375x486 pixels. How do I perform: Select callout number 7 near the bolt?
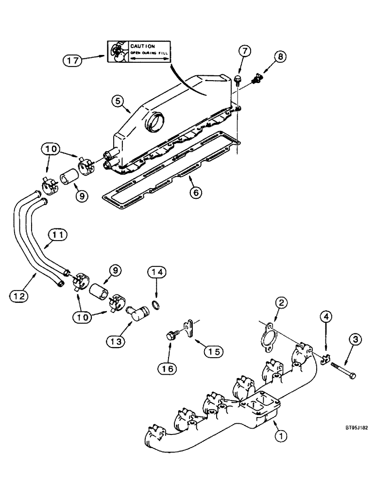click(245, 51)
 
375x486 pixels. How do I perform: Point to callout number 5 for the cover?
click(116, 102)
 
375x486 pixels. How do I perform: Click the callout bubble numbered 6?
click(195, 192)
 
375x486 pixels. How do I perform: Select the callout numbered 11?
click(58, 235)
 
